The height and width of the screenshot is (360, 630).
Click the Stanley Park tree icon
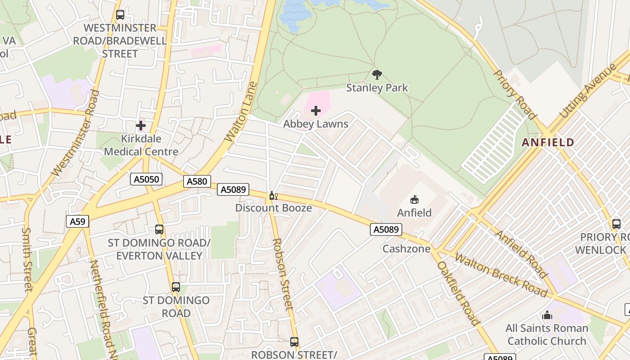[377, 74]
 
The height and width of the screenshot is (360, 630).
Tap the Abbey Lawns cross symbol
[316, 110]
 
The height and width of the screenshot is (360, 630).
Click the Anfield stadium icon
[414, 199]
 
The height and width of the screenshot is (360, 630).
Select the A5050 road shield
[147, 180]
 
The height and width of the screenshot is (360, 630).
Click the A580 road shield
[197, 181]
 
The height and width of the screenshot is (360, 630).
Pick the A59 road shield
[78, 221]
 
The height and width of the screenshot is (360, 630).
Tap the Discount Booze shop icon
[272, 195]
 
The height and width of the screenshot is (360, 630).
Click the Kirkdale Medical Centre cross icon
[141, 125]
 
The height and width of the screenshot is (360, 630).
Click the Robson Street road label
[283, 274]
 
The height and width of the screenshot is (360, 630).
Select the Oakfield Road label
[458, 293]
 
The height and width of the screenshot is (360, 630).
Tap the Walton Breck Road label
[501, 275]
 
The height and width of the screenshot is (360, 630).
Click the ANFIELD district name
[548, 143]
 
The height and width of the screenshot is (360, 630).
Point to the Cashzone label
[406, 249]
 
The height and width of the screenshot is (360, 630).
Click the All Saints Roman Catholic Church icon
[547, 315]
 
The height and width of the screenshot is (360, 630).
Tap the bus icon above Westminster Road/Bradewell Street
[120, 15]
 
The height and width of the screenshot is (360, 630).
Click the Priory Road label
[515, 95]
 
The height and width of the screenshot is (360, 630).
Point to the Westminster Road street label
[75, 133]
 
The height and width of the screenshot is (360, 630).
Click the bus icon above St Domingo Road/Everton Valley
[159, 229]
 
